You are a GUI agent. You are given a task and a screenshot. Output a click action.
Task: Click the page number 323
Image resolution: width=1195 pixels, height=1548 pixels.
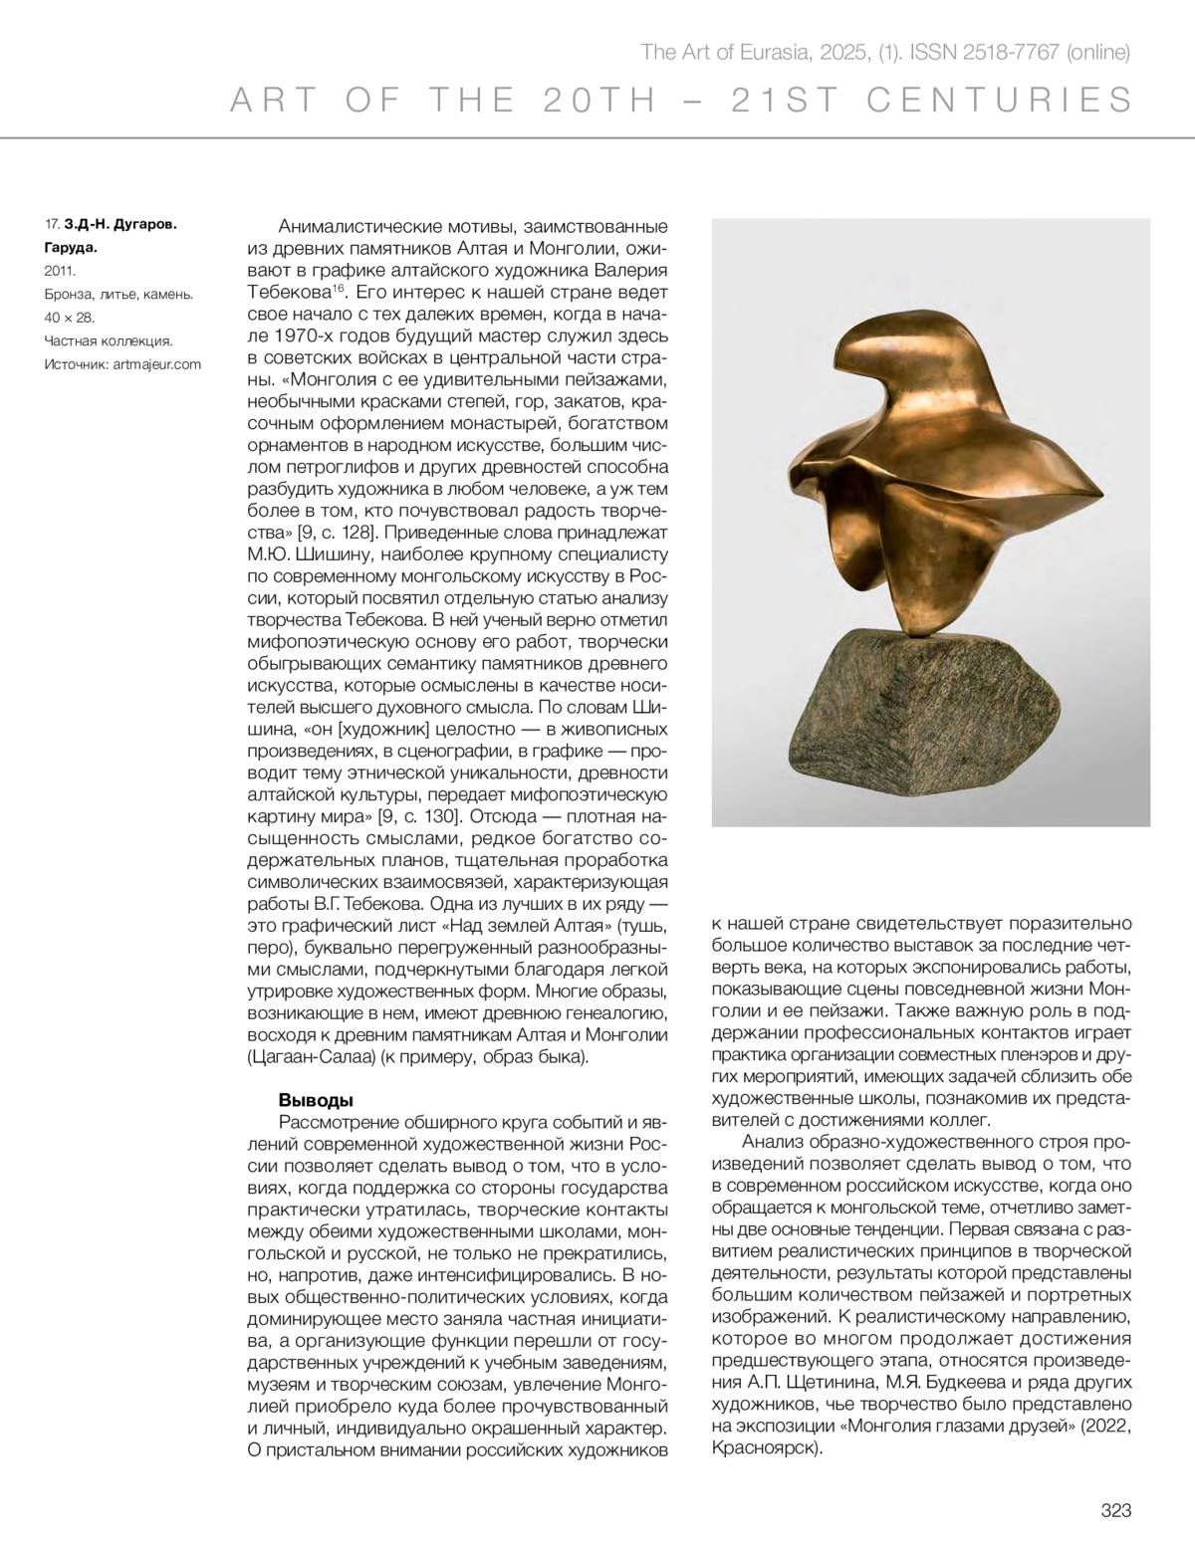coord(1116,1510)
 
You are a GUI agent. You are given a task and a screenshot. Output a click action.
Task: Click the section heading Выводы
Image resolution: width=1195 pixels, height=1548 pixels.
coord(316,1100)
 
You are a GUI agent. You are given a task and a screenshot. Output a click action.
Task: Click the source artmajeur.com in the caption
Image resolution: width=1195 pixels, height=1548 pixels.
coord(157,364)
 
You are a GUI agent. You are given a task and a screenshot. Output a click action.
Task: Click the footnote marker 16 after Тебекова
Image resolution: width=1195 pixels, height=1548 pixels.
coord(338,288)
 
